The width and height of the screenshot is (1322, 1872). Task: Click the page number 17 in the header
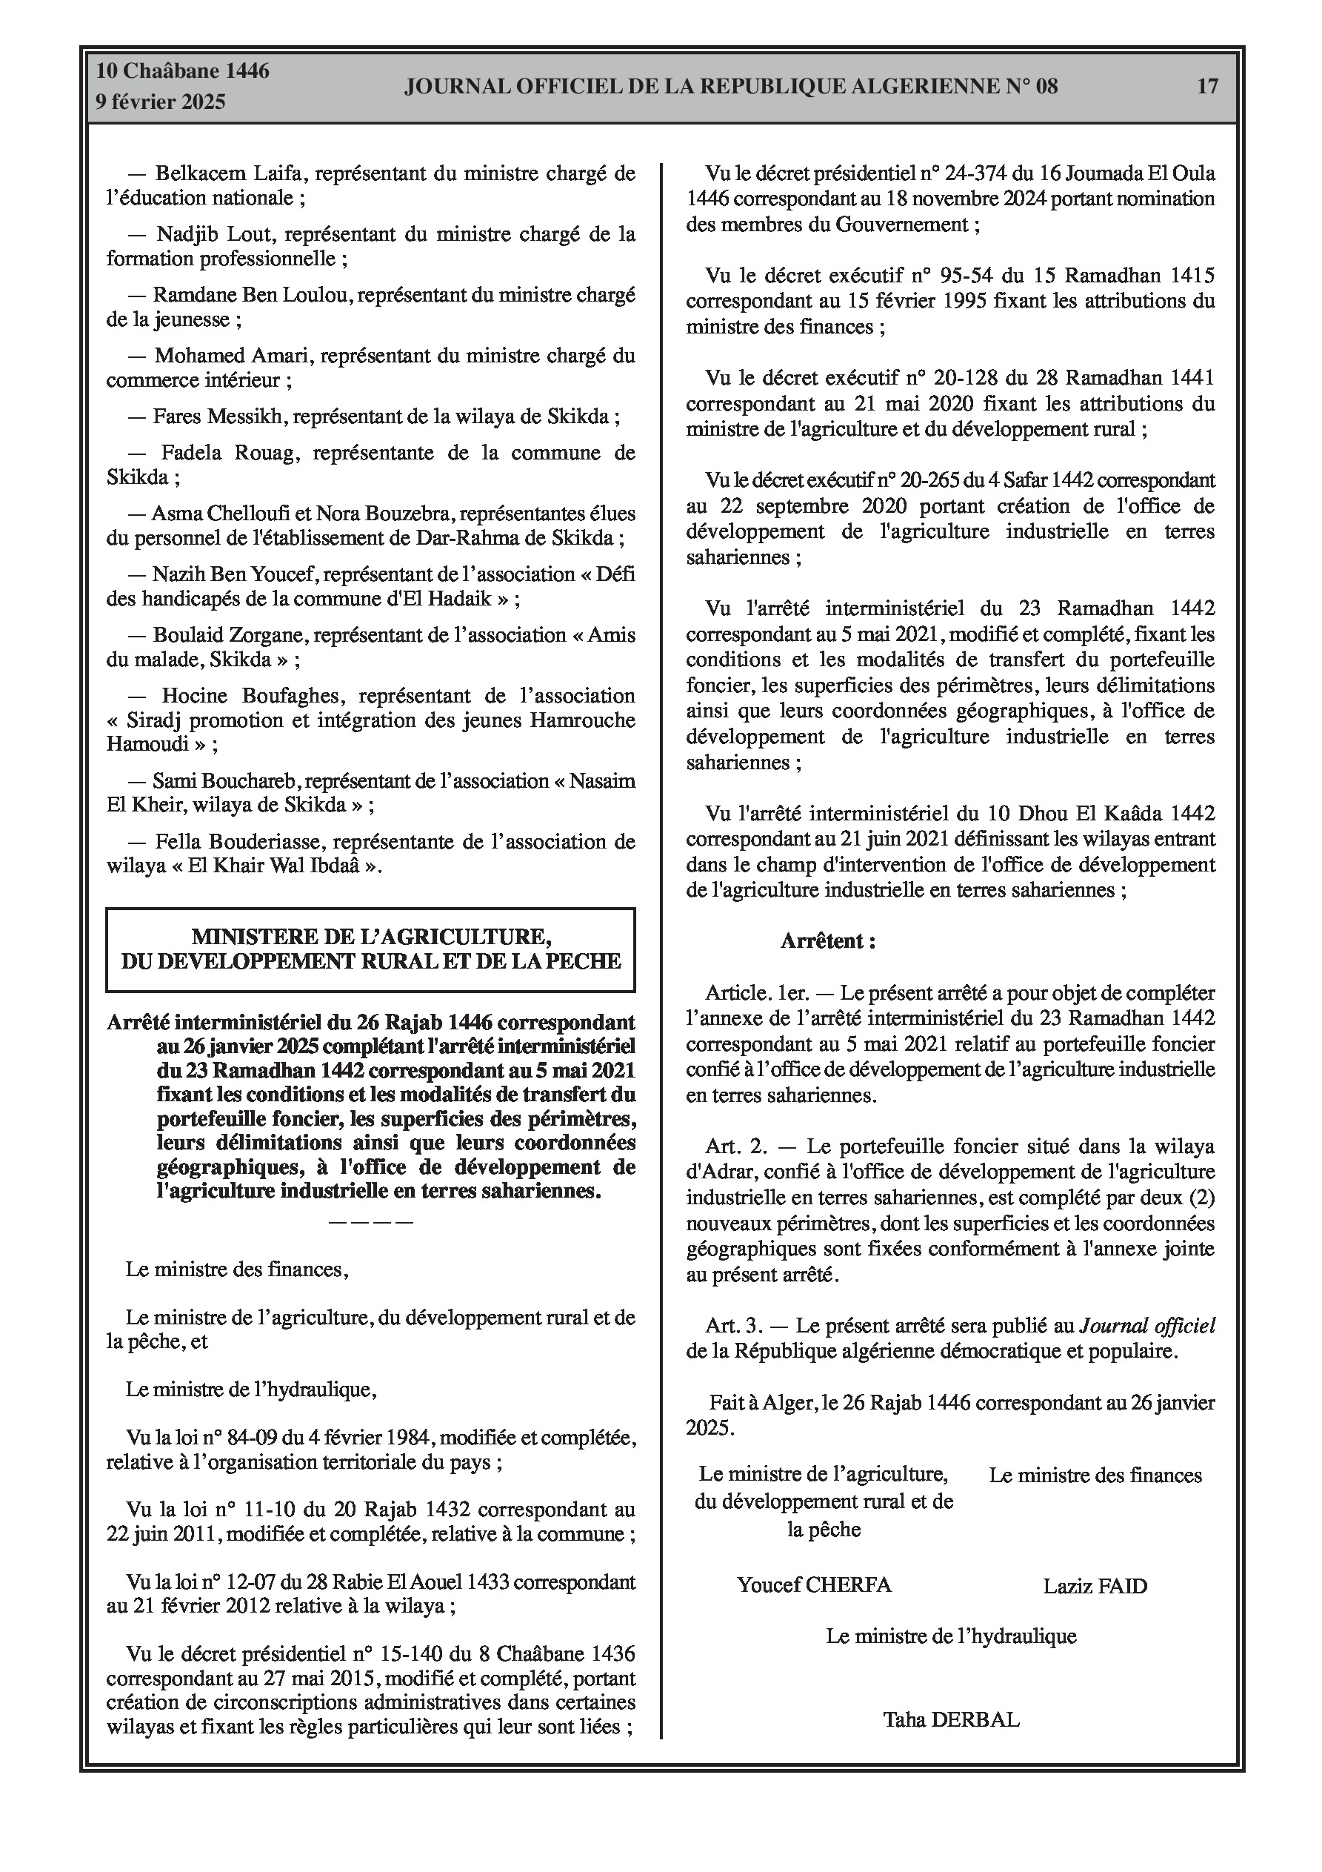pyautogui.click(x=1207, y=87)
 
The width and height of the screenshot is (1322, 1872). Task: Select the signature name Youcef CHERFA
pyautogui.click(x=813, y=1585)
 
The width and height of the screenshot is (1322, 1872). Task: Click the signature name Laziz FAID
pyautogui.click(x=1095, y=1586)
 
